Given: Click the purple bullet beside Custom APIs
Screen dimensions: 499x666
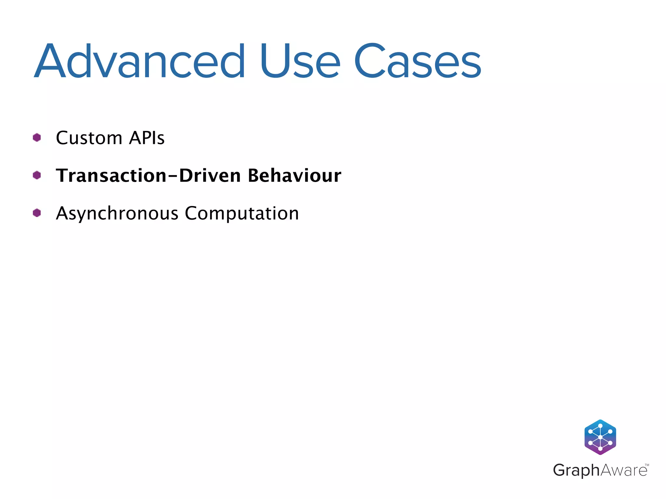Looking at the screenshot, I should [37, 138].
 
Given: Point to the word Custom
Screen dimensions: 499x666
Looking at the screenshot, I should [89, 138].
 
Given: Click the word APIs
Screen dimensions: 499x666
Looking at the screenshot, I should [147, 138].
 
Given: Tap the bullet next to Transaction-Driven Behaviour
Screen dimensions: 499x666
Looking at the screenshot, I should [37, 175].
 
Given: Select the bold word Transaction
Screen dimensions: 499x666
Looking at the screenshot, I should [111, 175].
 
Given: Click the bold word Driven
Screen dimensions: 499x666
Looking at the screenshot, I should [210, 175].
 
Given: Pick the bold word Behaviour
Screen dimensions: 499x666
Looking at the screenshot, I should [295, 175].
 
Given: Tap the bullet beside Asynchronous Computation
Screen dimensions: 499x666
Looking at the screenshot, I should [37, 213].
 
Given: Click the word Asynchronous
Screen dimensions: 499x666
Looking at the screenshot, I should [117, 214].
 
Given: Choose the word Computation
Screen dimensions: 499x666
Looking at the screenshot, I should [242, 214].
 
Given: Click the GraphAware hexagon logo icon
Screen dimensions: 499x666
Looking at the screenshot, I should [600, 437].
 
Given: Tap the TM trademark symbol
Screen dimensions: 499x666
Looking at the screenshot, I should [647, 465].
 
